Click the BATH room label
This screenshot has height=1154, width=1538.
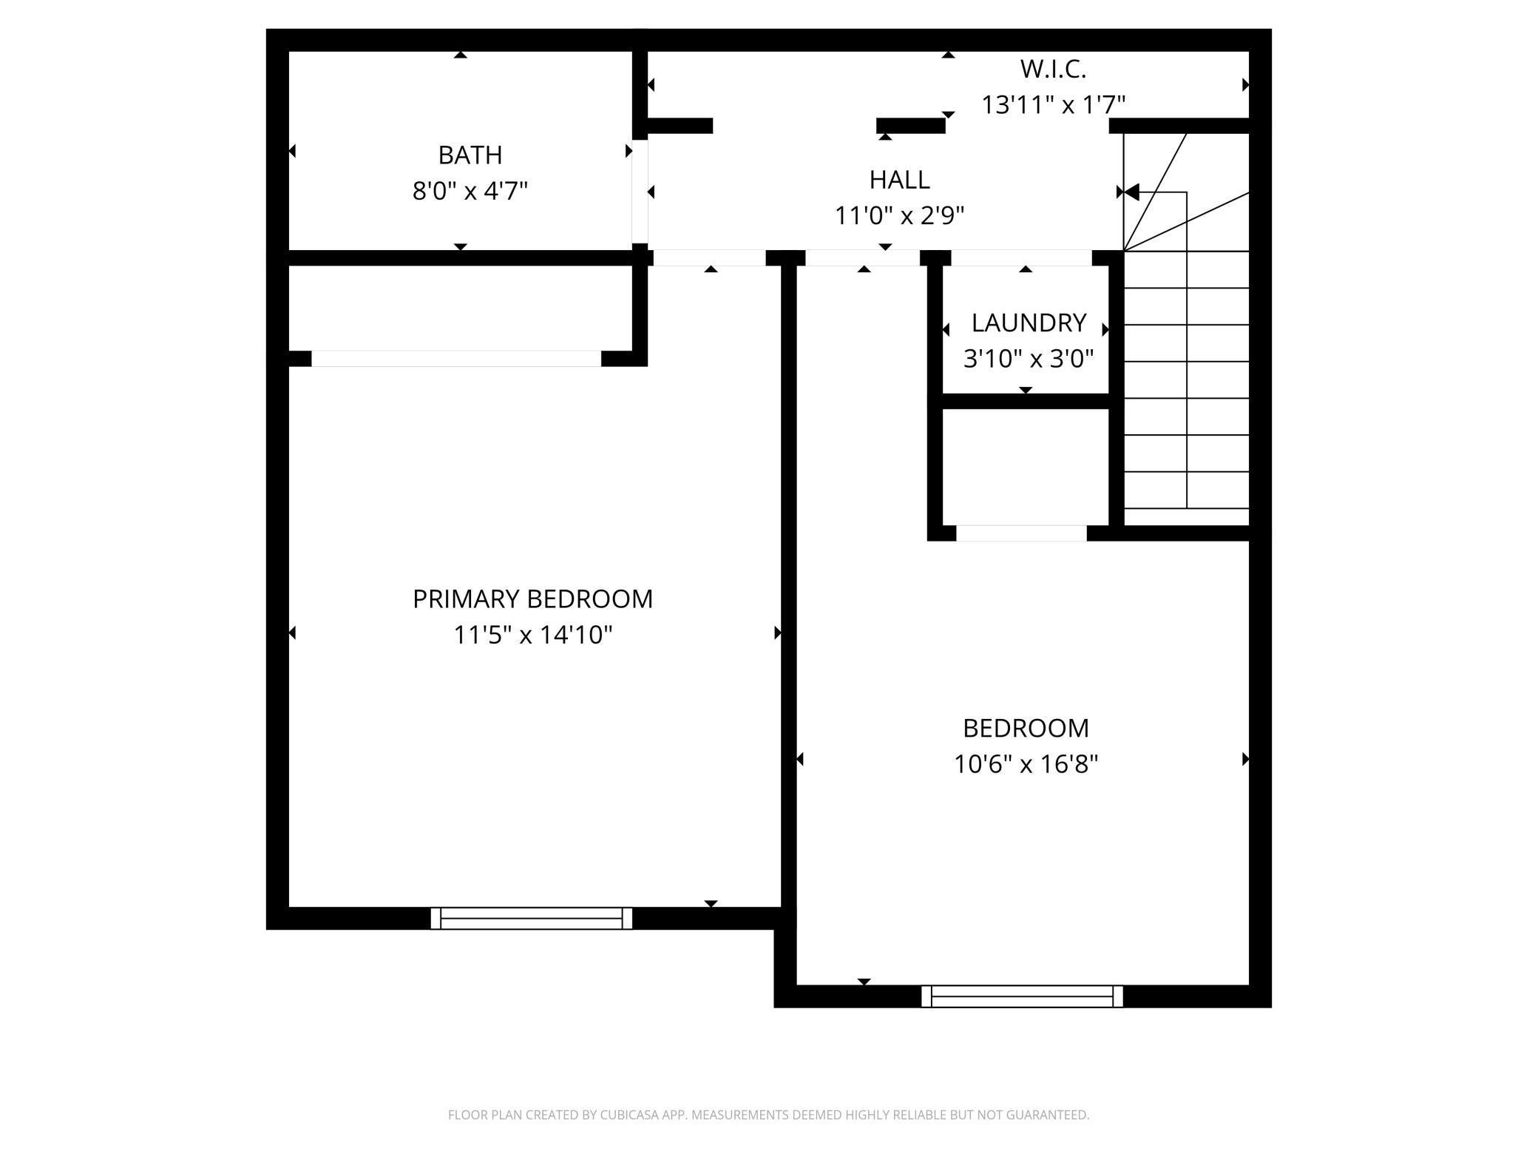470,155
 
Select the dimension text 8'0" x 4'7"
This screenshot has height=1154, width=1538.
470,192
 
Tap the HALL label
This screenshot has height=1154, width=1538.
899,180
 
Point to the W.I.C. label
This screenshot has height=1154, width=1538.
1053,70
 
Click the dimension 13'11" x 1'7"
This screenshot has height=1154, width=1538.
1053,105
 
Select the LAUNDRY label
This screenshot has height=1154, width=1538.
1029,323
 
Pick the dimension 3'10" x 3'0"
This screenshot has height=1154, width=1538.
1029,360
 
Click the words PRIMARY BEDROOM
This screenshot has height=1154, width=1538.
532,599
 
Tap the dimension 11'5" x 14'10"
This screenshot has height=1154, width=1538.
532,635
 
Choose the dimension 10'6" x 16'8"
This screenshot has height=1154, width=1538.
1026,764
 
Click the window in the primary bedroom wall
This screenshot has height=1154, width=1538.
532,918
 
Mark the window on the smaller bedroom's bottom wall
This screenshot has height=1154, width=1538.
1022,996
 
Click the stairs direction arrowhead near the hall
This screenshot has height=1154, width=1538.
1131,192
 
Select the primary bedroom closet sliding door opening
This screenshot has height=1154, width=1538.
456,359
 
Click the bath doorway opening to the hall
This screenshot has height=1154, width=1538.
640,192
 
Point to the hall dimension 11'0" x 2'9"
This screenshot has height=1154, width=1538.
899,216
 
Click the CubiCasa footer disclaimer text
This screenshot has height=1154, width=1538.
768,1115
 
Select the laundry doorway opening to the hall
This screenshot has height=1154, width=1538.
1021,258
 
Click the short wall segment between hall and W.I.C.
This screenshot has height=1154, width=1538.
910,126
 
